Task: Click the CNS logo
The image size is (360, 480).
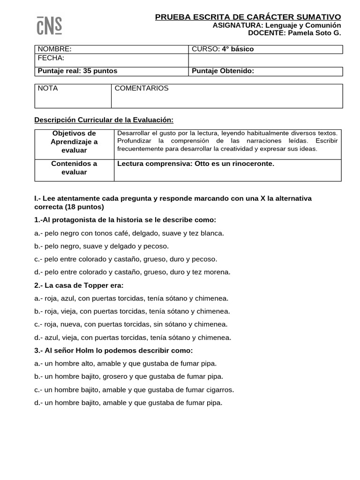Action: (49, 25)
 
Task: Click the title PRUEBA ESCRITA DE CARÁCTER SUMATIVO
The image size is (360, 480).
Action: (248, 17)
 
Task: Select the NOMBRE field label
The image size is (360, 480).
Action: (54, 49)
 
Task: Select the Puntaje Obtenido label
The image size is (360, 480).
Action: (223, 71)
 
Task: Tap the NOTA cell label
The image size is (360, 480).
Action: (48, 88)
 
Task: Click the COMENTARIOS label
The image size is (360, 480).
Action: (142, 88)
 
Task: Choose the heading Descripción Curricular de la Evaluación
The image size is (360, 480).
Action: (104, 120)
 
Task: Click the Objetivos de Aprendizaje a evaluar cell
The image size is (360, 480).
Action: (74, 142)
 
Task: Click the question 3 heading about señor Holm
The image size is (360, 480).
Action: (113, 351)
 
